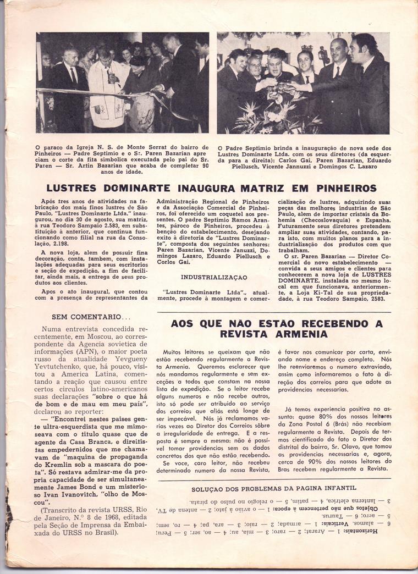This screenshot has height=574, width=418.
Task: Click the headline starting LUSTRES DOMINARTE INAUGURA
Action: [x=211, y=188]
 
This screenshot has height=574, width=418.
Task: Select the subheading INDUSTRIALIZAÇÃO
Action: [x=214, y=277]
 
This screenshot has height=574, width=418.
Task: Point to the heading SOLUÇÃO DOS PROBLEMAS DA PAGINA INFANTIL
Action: [x=274, y=488]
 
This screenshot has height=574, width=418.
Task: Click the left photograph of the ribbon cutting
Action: [x=123, y=82]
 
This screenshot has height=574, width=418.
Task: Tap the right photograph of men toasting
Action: [x=303, y=82]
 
